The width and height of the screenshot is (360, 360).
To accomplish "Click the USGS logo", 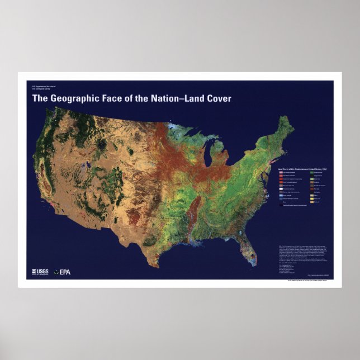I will [x=40, y=273].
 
